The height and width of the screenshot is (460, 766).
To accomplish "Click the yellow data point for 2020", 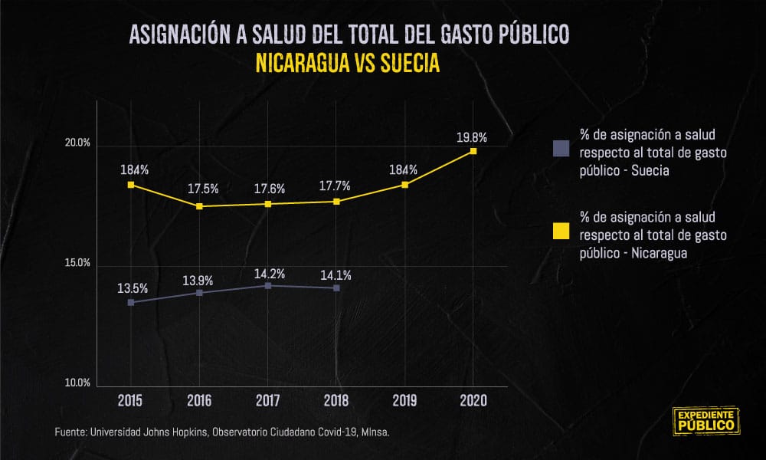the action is [473, 151].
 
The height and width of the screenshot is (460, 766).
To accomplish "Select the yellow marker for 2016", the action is [199, 206].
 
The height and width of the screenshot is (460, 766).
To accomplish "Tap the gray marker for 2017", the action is [267, 285].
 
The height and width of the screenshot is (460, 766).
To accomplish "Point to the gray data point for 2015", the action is [131, 303].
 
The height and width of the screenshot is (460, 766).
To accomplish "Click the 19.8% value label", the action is [472, 138].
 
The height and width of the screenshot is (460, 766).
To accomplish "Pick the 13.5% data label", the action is [133, 288].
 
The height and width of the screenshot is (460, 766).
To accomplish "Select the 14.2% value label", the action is [269, 274].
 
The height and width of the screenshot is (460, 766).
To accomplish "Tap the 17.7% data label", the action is [335, 186].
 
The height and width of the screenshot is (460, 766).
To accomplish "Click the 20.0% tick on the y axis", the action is [77, 143].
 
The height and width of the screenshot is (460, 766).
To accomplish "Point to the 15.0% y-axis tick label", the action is [77, 262].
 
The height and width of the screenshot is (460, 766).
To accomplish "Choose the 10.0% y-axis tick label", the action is [77, 383].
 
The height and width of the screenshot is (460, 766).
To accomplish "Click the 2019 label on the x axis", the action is [405, 401].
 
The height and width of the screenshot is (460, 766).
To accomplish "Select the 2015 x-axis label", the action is [130, 401].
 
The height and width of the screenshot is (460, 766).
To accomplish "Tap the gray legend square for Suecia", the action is [561, 148].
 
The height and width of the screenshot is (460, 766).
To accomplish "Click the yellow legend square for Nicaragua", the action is [561, 232].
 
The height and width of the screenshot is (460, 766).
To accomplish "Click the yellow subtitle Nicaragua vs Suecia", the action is [348, 63].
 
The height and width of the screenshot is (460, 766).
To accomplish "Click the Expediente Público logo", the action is [706, 421].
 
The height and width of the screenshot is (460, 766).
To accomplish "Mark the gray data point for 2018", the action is [336, 288].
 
